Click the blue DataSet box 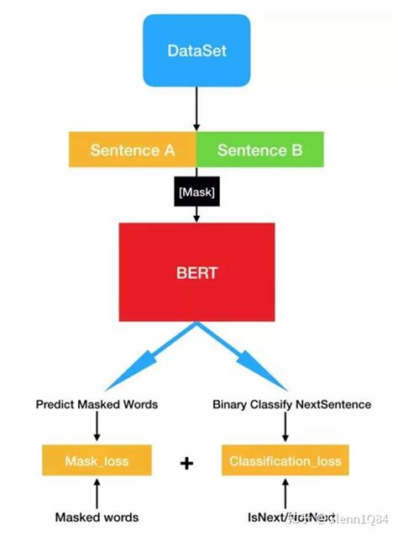(x=196, y=52)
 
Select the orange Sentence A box (x=132, y=150)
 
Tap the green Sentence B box (x=259, y=150)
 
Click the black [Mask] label (x=196, y=193)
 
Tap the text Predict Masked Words (x=97, y=404)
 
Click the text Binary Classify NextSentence (x=292, y=404)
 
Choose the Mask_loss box (x=97, y=461)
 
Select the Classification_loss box (x=285, y=461)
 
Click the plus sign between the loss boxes (x=186, y=463)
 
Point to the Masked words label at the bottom (x=97, y=517)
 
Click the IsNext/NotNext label (x=285, y=517)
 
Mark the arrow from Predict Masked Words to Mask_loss (x=97, y=428)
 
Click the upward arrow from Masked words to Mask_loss (x=97, y=491)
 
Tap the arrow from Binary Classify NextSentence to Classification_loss (x=285, y=428)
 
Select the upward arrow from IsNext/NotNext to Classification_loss (x=285, y=491)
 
